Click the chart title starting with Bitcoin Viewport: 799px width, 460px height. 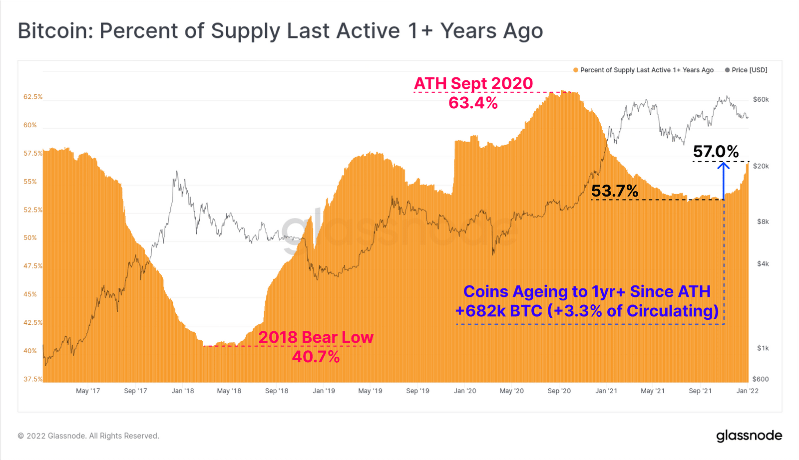coord(280,31)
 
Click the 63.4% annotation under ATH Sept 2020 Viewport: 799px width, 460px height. coord(473,103)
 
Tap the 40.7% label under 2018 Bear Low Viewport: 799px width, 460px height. coord(316,357)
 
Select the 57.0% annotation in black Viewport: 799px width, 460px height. coord(716,151)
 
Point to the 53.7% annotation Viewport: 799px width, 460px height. coord(615,191)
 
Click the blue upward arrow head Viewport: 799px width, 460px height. coord(724,165)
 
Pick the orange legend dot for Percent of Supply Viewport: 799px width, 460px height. coord(576,70)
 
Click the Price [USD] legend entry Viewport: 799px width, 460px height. coord(749,70)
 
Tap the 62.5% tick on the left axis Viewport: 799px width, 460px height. coord(33,97)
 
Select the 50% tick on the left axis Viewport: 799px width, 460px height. coord(30,238)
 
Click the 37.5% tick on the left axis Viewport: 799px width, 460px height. coord(33,379)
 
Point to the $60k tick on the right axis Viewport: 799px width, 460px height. coord(761,100)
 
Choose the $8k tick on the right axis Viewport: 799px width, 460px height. coord(763,222)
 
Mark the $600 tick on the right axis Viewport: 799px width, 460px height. coord(761,379)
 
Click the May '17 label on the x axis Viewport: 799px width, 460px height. coord(88,391)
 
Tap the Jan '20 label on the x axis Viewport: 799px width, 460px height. coord(465,391)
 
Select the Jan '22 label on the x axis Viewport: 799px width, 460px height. coord(747,391)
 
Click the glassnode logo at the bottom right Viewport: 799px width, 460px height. coord(749,436)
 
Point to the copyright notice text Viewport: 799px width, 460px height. coord(88,436)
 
